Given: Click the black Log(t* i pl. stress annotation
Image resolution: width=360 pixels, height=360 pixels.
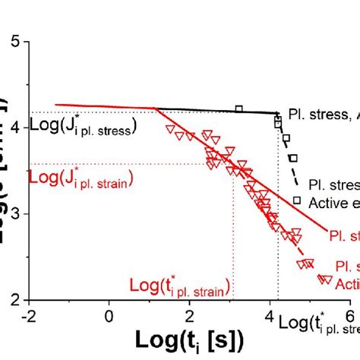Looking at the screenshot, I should (x=318, y=324).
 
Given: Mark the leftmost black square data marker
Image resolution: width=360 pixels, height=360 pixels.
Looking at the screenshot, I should (x=239, y=109).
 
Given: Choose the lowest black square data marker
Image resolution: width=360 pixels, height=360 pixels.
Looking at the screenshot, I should (x=297, y=201).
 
